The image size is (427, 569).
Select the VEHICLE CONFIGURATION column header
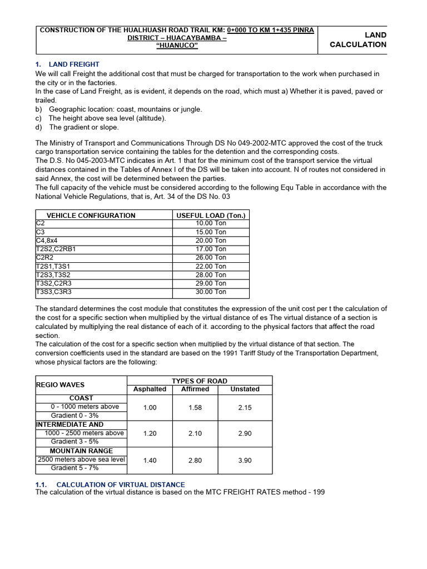coord(91,215)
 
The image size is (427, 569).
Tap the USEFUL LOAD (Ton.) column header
coord(211,215)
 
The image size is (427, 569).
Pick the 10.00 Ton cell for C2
coord(211,223)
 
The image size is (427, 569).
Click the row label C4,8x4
coord(47,241)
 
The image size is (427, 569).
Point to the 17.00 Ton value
coord(211,249)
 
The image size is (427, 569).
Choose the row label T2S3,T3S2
coord(53,274)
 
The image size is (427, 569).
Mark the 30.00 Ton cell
coord(211,292)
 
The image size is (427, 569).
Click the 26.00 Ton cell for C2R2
coord(211,257)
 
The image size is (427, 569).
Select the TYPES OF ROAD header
coord(200,381)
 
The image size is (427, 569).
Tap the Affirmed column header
coord(195,390)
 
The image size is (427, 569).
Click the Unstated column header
coord(245,390)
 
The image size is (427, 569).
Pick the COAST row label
coord(81,398)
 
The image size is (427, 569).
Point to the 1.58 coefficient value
coord(195,407)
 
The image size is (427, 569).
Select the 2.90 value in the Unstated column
coord(245,433)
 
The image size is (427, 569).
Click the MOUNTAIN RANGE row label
coord(81,451)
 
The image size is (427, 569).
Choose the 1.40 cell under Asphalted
coord(150,460)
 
